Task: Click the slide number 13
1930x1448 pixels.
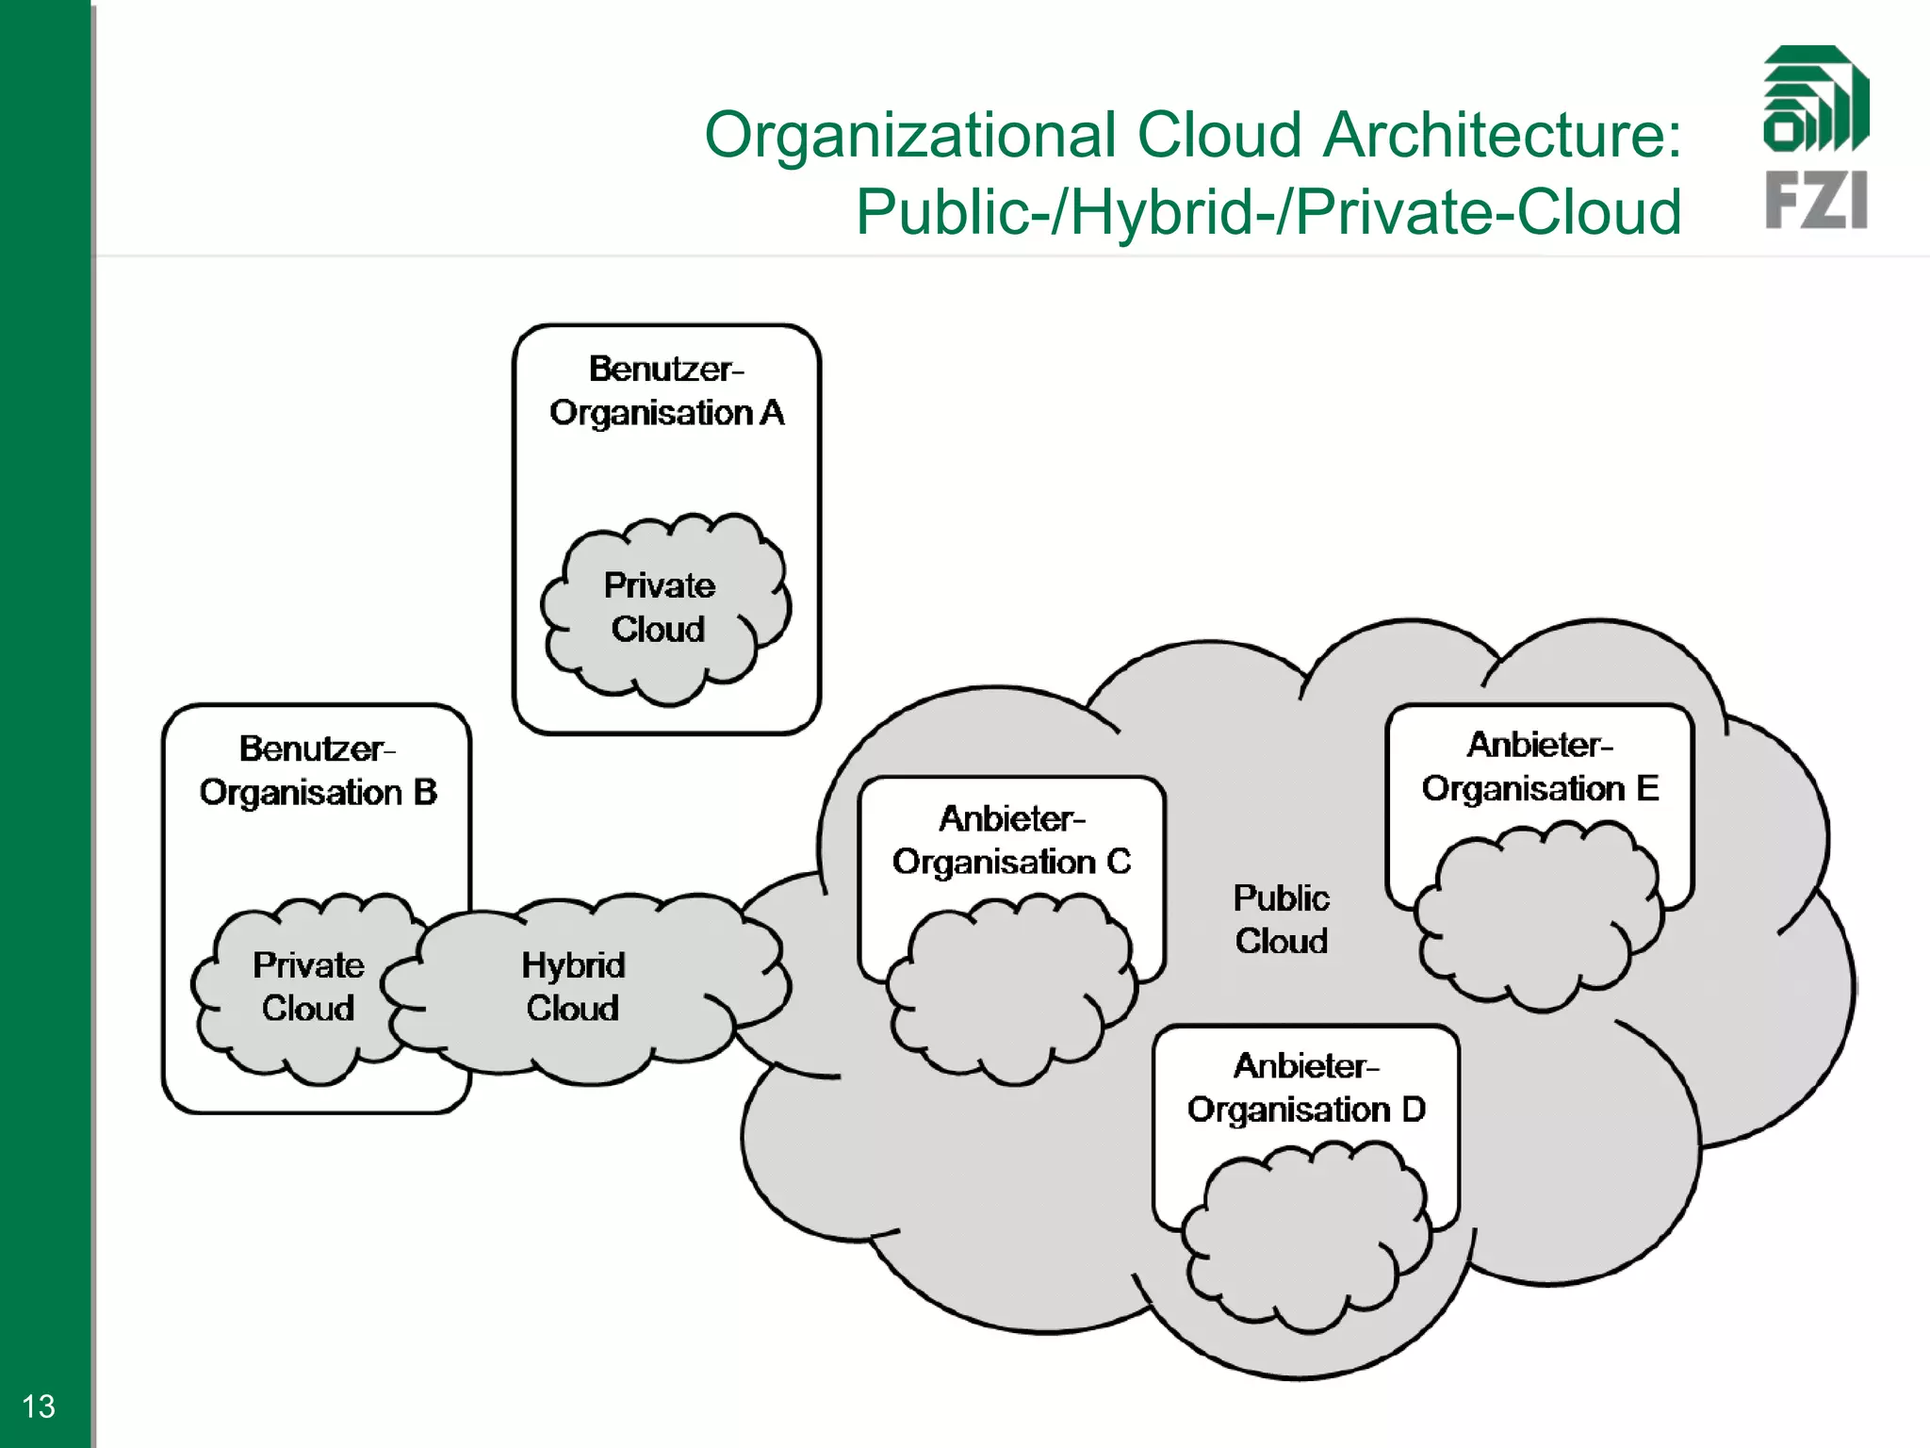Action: [39, 1407]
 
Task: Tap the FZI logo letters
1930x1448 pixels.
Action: [1816, 200]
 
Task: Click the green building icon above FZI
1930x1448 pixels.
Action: [1816, 99]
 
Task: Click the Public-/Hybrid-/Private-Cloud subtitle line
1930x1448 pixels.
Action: [1268, 212]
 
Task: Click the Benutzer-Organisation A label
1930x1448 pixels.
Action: [666, 391]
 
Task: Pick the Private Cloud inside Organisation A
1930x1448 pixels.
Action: [660, 608]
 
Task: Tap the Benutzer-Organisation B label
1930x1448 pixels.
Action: [318, 771]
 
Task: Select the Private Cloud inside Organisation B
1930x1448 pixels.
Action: [307, 987]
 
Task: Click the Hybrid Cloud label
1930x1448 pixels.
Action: [573, 987]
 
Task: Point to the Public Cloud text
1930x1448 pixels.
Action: [1281, 919]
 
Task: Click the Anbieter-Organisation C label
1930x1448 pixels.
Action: [1011, 840]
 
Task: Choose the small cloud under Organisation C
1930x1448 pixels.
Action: [1010, 990]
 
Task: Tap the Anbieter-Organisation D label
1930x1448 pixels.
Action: [1306, 1088]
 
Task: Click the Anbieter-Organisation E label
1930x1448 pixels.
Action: [1540, 766]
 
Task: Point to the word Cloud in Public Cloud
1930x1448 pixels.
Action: [1281, 941]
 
